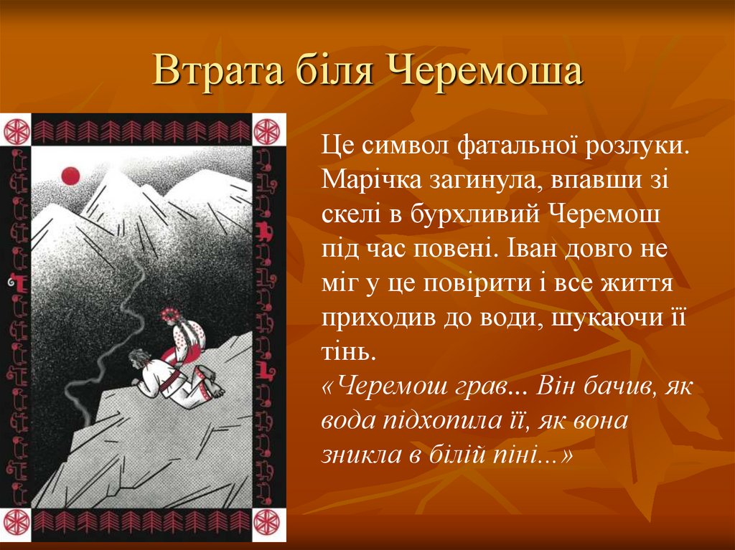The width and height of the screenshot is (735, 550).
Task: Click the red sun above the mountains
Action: point(70,175)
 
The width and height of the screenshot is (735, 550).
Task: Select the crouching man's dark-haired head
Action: point(136,356)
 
